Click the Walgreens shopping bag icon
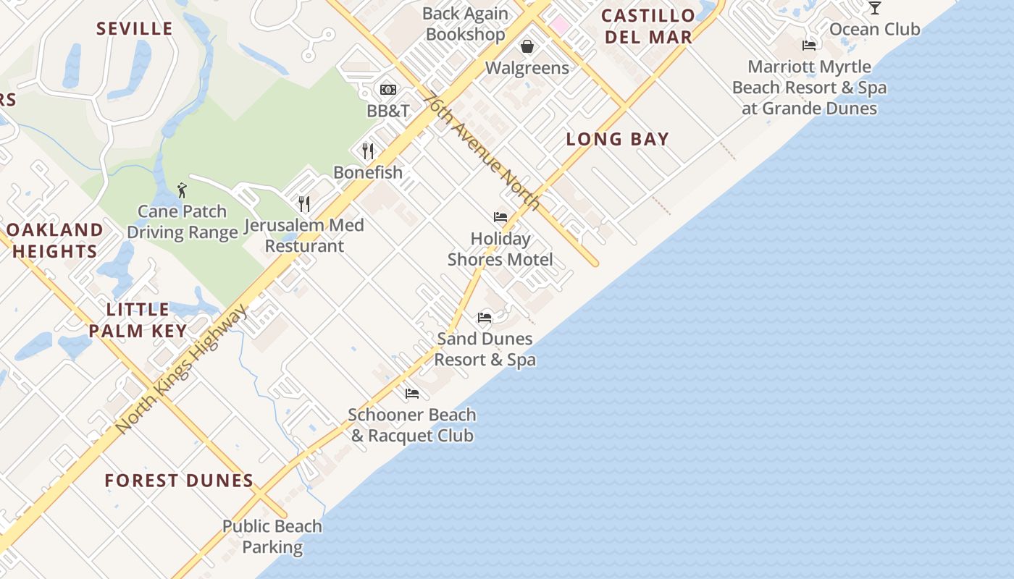[x=527, y=46]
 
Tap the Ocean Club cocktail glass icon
[x=875, y=8]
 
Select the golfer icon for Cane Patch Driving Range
[x=182, y=190]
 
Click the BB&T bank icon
[x=388, y=90]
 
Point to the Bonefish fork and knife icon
[x=368, y=151]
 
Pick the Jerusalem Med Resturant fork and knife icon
[x=304, y=204]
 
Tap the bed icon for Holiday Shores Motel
[x=500, y=217]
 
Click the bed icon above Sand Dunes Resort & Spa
[x=485, y=317]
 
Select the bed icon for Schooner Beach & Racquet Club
[x=412, y=394]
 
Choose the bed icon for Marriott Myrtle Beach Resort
[x=809, y=46]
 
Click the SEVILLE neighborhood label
[x=135, y=29]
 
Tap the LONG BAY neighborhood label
[x=617, y=139]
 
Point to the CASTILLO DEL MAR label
[x=648, y=26]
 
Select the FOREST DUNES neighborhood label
[x=179, y=481]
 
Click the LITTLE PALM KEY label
[x=137, y=320]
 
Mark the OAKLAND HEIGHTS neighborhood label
[x=55, y=240]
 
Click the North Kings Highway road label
[x=181, y=370]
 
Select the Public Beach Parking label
[x=272, y=536]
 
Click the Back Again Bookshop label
[x=465, y=23]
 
